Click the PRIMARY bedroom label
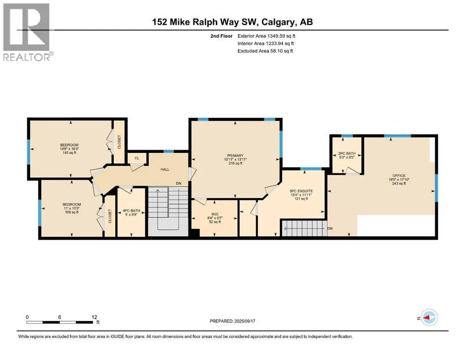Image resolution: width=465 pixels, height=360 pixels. tap(235, 156)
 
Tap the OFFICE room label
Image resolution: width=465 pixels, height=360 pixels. tap(399, 176)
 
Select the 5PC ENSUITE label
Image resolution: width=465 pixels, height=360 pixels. tap(301, 191)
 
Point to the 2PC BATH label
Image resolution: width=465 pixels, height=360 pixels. tap(347, 153)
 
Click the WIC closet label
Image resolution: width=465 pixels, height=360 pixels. tap(215, 214)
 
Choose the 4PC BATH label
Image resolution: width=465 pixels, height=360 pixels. tap(132, 211)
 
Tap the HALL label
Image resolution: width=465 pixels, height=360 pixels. tap(165, 170)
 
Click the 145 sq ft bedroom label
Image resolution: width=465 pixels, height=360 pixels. tap(69, 149)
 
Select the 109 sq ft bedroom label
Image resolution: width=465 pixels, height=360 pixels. tap(72, 208)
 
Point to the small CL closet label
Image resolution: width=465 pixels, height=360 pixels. tap(137, 158)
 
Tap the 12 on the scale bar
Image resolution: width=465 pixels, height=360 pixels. tap(94, 317)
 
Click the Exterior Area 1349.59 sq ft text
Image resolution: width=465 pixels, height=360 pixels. tap(266, 36)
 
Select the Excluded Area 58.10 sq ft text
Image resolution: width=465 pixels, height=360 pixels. tap(265, 51)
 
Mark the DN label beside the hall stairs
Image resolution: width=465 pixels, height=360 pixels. tap(178, 183)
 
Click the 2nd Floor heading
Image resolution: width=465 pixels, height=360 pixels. tap(221, 36)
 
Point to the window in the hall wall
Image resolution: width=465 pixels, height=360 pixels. tap(169, 151)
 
